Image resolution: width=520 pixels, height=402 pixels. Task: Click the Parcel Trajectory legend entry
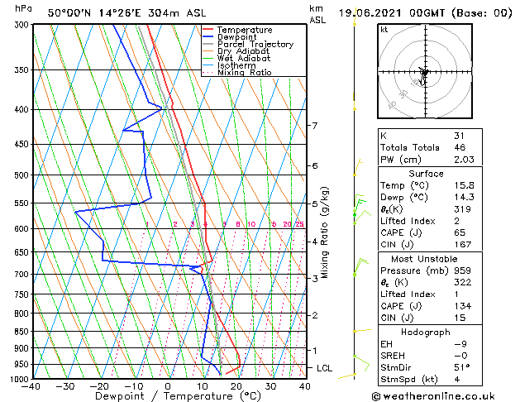(x=255, y=45)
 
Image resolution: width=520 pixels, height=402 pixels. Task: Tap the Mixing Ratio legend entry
(x=245, y=73)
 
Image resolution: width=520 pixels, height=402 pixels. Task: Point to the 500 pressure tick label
(x=19, y=175)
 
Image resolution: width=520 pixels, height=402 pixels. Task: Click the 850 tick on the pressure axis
(x=19, y=332)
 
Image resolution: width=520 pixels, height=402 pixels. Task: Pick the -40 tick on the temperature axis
(x=32, y=386)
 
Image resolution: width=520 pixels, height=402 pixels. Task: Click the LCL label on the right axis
(x=324, y=367)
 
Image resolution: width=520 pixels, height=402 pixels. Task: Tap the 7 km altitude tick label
(x=314, y=126)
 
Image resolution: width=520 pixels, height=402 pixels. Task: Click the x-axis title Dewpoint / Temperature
(x=168, y=397)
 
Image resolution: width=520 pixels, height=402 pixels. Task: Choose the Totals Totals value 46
(x=460, y=147)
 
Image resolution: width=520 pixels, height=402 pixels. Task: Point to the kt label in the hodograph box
(x=384, y=30)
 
